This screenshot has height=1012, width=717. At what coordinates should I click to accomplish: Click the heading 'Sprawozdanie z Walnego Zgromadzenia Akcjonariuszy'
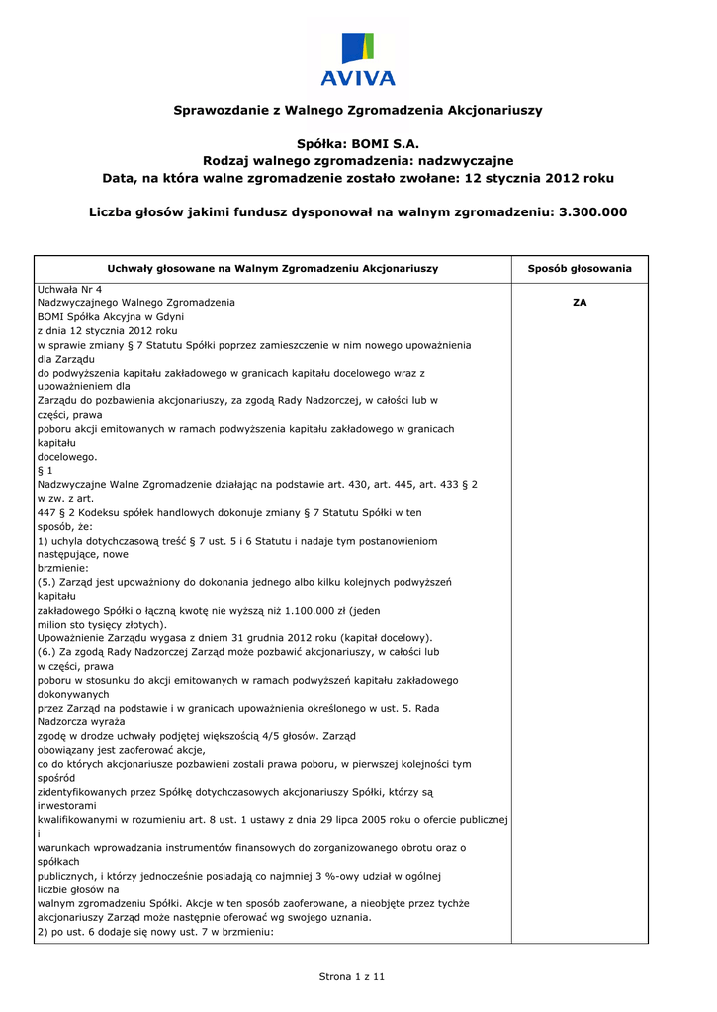point(358,110)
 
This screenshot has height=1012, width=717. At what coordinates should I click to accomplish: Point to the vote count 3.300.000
point(592,212)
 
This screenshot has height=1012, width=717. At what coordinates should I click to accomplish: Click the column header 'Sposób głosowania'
point(580,269)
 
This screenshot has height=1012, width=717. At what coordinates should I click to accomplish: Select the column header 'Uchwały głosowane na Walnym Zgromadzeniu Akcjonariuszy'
point(272,269)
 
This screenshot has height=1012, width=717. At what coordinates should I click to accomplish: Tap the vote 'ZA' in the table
point(580,303)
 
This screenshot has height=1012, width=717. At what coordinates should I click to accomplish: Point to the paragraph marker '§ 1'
point(45,471)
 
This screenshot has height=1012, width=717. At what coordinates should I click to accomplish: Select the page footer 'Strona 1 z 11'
point(351,977)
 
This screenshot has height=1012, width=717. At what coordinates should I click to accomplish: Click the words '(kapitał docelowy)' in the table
point(383,638)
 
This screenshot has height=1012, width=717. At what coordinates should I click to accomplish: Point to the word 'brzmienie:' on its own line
point(63,569)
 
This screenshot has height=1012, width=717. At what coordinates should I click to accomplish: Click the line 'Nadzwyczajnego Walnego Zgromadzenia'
point(136,303)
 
